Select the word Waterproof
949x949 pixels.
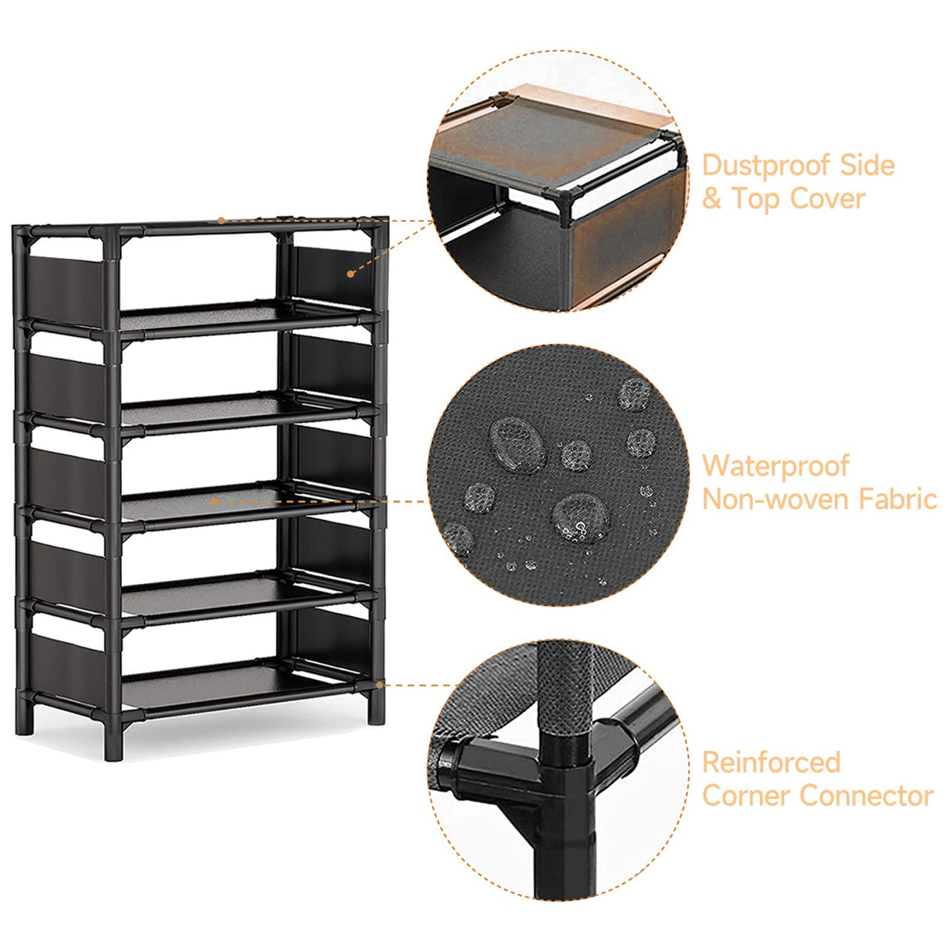click(775, 467)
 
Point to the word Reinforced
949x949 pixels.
click(771, 762)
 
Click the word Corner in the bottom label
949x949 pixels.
click(747, 796)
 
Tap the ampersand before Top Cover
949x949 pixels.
click(711, 199)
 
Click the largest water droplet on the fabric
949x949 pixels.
click(517, 441)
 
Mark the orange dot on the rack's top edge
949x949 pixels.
click(221, 220)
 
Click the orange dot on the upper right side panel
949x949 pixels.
click(350, 274)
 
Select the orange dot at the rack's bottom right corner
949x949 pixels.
click(380, 685)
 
